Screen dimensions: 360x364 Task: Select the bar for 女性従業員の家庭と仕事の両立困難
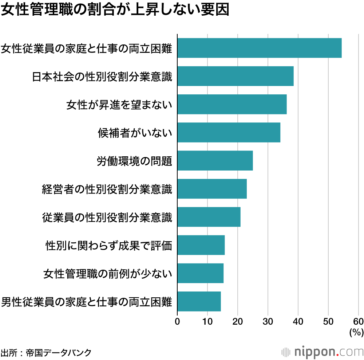point(259,48)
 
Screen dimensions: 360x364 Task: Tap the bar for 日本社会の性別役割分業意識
point(235,76)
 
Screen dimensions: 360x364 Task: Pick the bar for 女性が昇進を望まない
point(232,104)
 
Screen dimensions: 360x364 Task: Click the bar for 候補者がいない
point(229,132)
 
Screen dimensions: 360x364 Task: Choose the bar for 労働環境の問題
point(215,160)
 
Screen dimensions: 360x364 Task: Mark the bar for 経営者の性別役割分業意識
point(212,189)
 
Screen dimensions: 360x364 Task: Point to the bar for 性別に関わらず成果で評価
point(201,245)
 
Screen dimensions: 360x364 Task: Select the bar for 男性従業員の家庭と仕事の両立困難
point(199,301)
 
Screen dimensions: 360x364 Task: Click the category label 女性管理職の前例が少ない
point(107,273)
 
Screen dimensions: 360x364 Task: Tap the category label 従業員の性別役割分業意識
point(107,217)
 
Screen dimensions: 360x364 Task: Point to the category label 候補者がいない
point(135,133)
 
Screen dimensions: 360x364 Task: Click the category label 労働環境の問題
point(134,161)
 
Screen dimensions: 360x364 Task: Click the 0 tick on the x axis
point(177,321)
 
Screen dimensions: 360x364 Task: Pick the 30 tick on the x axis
point(268,321)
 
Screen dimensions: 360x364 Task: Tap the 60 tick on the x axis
point(358,321)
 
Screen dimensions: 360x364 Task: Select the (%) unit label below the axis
point(356,332)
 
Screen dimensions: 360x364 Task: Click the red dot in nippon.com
point(338,355)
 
